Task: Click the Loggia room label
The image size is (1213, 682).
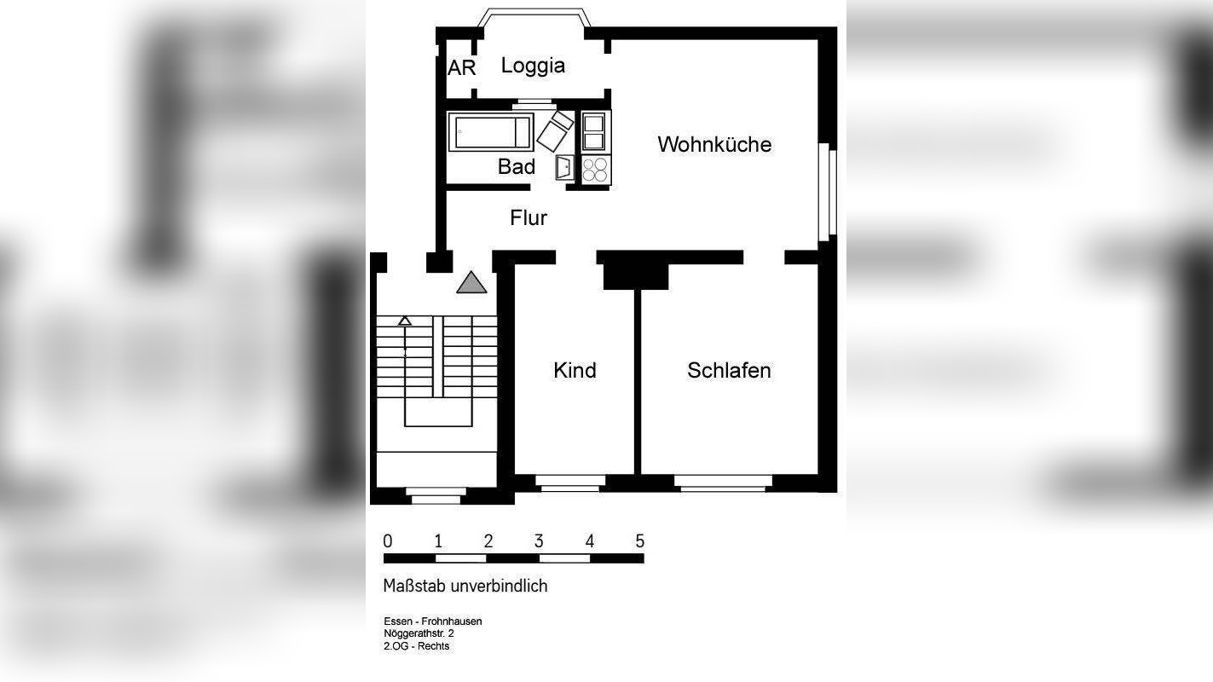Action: (533, 66)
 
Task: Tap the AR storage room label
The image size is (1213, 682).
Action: (461, 68)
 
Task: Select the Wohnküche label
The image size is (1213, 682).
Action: (714, 145)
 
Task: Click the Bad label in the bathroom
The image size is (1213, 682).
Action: (517, 167)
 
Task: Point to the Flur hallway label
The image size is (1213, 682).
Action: (529, 218)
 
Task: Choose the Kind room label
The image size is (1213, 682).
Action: (575, 371)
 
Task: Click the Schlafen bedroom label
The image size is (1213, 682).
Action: (729, 371)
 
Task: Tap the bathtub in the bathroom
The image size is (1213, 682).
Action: (490, 133)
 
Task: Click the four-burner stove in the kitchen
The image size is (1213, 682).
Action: (596, 169)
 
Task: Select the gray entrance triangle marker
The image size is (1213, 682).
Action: (471, 283)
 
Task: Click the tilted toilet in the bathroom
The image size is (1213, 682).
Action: (554, 130)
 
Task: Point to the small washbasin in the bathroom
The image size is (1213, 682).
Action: (564, 168)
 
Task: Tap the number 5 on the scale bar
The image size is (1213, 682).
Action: (639, 541)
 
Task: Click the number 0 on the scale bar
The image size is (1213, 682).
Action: (388, 541)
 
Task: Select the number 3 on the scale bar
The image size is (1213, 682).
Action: (539, 541)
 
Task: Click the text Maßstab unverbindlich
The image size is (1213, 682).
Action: (465, 587)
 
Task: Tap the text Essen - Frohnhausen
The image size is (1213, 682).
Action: (432, 621)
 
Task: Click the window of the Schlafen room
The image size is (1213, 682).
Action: (723, 483)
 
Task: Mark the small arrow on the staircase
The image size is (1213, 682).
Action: (405, 321)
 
